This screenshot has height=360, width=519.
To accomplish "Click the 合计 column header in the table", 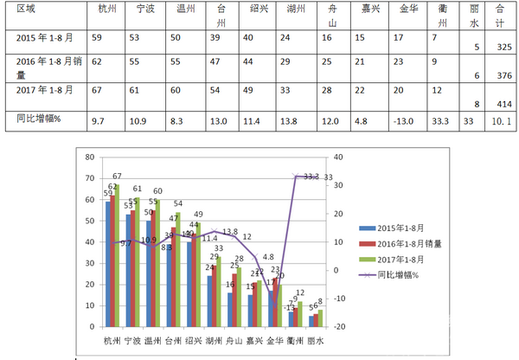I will click(x=500, y=15).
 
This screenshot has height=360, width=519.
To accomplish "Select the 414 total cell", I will click(x=499, y=100).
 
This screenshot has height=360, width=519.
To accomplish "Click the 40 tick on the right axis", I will click(x=338, y=157).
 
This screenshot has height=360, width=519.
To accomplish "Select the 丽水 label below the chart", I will click(x=315, y=342).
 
